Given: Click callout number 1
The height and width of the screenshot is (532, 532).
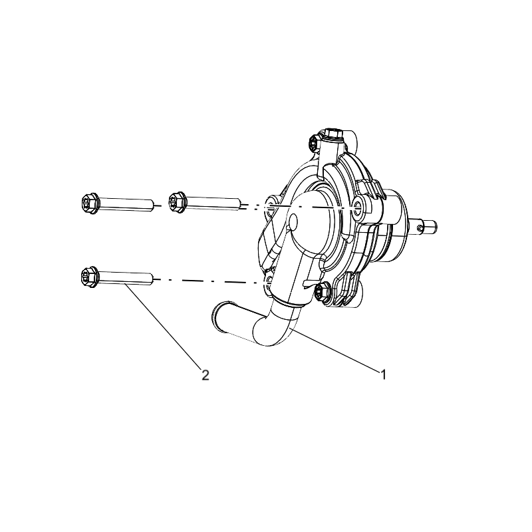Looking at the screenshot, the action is tap(383, 375).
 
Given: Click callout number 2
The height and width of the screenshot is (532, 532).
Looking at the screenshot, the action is tap(205, 375).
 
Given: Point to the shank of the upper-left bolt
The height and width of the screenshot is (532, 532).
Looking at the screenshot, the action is tap(126, 204).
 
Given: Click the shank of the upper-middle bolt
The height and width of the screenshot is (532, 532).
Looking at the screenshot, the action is tap(213, 203).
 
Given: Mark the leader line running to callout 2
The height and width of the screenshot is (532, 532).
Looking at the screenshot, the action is tap(162, 326).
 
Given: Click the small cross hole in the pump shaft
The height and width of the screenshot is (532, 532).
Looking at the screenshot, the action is tap(420, 229).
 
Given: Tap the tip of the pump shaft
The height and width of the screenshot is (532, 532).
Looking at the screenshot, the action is tap(435, 227).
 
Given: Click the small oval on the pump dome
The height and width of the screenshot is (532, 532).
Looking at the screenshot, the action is tap(293, 221).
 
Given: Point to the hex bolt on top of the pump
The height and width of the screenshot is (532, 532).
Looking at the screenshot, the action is tap(333, 134).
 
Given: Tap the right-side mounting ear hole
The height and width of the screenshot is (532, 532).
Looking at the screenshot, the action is tap(357, 205).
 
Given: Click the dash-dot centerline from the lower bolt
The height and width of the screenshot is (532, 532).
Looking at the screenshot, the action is tap(209, 281).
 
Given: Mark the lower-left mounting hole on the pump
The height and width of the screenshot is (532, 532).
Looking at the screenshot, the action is tap(270, 279).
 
